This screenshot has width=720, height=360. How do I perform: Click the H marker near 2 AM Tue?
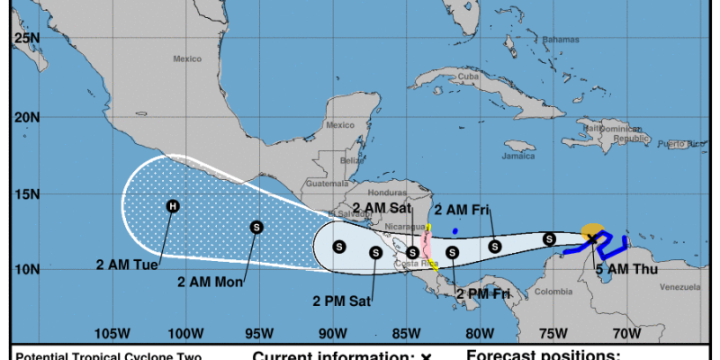coord(173,206)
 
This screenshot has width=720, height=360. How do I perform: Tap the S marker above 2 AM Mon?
coord(256,227)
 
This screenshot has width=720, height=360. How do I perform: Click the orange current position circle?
coord(591,231)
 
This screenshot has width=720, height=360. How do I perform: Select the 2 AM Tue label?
coord(128,265)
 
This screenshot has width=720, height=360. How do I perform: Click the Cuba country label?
coord(467,77)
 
